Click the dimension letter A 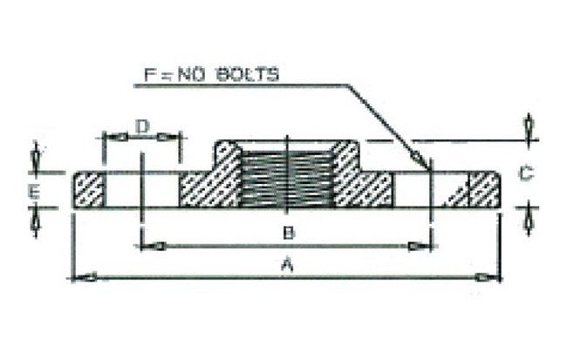[x=287, y=263]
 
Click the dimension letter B [x=289, y=233]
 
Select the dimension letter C [x=525, y=173]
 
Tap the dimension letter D [x=143, y=126]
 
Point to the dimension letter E [x=34, y=191]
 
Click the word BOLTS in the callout [x=248, y=74]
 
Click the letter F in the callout [x=150, y=75]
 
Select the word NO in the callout [x=190, y=75]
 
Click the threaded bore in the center [x=286, y=180]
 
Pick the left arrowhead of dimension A [x=84, y=277]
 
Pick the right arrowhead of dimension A [x=488, y=277]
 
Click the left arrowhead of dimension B [x=154, y=247]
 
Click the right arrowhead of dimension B [x=420, y=247]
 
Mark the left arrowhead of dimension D [x=115, y=138]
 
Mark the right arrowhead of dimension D [x=167, y=138]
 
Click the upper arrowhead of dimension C [x=529, y=126]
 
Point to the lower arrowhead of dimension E [x=35, y=221]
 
